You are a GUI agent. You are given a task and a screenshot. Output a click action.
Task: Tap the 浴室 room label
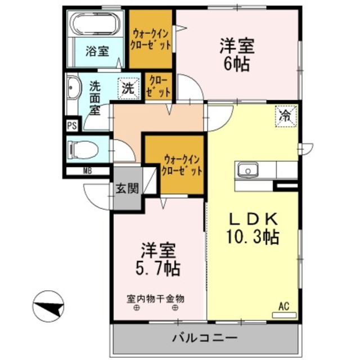97,51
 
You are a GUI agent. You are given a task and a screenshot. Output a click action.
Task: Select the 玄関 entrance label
128,188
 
